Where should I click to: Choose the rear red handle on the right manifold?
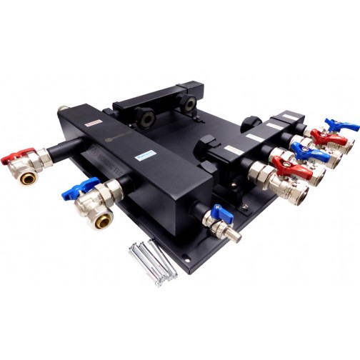click(319, 136)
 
